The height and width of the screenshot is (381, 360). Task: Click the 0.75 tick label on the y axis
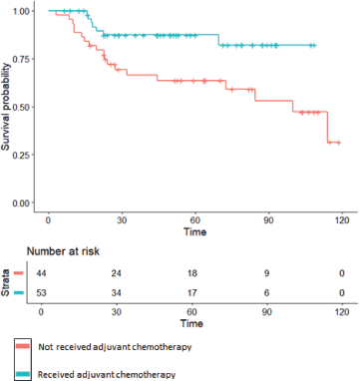[21, 59]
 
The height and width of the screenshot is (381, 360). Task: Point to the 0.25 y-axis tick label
[21, 155]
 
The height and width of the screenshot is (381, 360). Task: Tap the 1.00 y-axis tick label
[21, 11]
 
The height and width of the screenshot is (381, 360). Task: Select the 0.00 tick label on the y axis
[21, 202]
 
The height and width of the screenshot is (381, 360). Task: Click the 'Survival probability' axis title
[7, 107]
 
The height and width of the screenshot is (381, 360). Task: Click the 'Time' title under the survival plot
[195, 231]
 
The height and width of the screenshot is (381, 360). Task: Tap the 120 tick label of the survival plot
[342, 220]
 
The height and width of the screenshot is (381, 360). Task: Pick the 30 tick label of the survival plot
[122, 220]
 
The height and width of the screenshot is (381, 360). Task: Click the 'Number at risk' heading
[63, 251]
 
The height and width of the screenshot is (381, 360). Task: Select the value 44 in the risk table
[41, 273]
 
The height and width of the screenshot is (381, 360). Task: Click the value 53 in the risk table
[41, 293]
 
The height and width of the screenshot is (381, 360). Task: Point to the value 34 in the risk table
[117, 293]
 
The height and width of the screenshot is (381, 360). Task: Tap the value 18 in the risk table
[191, 273]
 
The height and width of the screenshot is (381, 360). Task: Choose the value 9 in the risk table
[267, 273]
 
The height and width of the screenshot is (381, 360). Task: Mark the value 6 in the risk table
[267, 293]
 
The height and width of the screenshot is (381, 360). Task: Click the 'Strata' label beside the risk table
[6, 283]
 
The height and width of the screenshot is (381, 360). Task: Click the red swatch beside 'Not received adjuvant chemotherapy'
[23, 346]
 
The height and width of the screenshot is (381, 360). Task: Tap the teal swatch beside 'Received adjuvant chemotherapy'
[23, 374]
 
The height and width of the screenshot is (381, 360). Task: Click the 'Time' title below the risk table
[191, 323]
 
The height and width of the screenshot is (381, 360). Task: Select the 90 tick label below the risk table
[267, 312]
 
